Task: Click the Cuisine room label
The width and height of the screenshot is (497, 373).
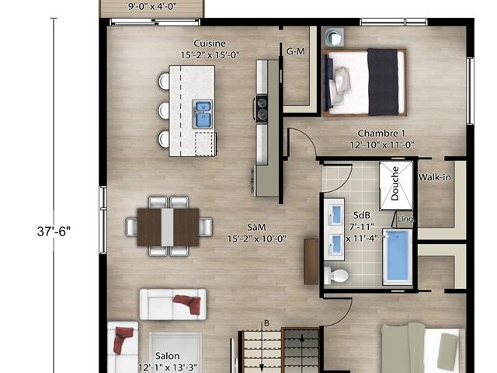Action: [x=210, y=44]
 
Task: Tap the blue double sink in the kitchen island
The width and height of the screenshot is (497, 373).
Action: [x=202, y=114]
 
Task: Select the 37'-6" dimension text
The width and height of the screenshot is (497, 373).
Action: [x=54, y=232]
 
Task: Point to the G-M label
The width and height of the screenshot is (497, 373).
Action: [x=295, y=51]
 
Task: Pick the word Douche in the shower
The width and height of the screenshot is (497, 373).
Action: [x=395, y=183]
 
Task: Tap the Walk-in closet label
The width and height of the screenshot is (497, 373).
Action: [x=435, y=177]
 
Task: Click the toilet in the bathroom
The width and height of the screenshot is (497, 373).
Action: [x=336, y=274]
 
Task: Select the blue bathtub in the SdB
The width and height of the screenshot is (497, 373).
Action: [x=397, y=256]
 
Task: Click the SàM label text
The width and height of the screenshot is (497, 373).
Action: [x=256, y=227]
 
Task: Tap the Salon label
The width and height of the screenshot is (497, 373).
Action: [x=168, y=356]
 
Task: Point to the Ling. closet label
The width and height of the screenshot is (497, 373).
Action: [x=406, y=219]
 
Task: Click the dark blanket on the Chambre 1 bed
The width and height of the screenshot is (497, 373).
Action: [x=383, y=82]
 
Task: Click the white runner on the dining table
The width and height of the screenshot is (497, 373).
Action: [x=168, y=227]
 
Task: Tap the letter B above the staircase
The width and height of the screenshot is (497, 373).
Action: [x=266, y=323]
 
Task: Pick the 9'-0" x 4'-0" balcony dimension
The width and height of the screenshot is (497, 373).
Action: [x=152, y=6]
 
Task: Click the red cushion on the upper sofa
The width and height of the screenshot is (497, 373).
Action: [x=188, y=304]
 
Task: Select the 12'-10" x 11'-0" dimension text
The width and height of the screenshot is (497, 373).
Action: [x=382, y=145]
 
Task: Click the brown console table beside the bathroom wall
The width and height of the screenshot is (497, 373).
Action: [x=311, y=261]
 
